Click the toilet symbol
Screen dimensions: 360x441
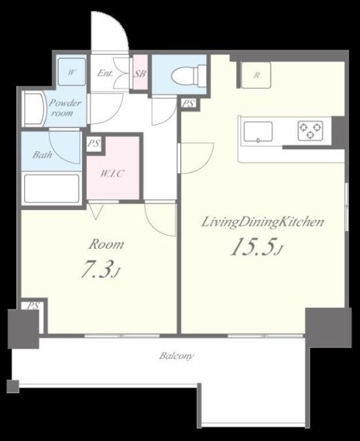pyautogui.click(x=188, y=75)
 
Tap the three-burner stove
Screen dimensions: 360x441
pyautogui.click(x=310, y=131)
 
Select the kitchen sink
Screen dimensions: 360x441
pyautogui.click(x=258, y=132)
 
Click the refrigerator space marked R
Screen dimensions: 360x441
pyautogui.click(x=256, y=75)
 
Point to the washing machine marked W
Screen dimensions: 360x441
pyautogui.click(x=72, y=72)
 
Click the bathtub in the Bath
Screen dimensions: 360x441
pyautogui.click(x=52, y=188)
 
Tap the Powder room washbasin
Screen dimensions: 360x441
pyautogui.click(x=33, y=109)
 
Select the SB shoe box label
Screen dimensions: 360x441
pyautogui.click(x=140, y=74)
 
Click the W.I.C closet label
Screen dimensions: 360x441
pyautogui.click(x=112, y=174)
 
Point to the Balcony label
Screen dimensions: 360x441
pyautogui.click(x=177, y=356)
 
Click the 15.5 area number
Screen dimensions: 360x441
pyautogui.click(x=252, y=247)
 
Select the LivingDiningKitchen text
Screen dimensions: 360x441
pyautogui.click(x=263, y=222)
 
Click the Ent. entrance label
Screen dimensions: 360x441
pyautogui.click(x=105, y=74)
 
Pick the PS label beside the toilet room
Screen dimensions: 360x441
pyautogui.click(x=188, y=103)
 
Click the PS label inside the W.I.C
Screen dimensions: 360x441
pyautogui.click(x=94, y=143)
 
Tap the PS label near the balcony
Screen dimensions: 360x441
pyautogui.click(x=33, y=305)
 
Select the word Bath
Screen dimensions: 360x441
pyautogui.click(x=42, y=154)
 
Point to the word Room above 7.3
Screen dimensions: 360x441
pyautogui.click(x=106, y=244)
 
